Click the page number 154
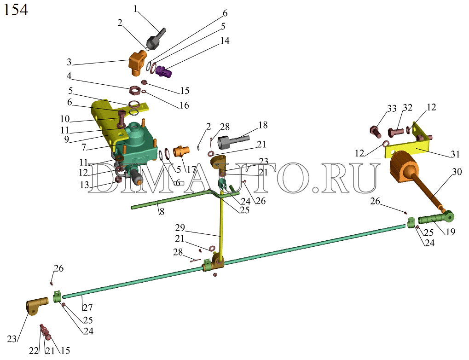pos(16,10)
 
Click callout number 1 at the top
pos(135,9)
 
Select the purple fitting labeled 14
pos(163,71)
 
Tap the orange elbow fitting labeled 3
pos(137,63)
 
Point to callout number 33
pos(391,109)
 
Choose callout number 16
pos(184,105)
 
